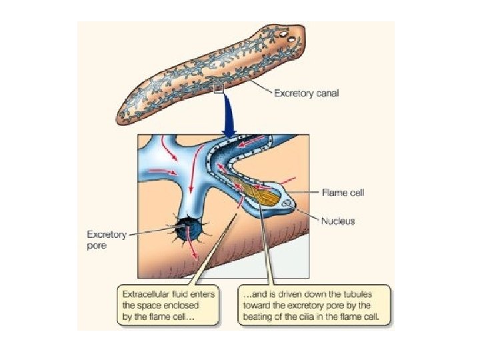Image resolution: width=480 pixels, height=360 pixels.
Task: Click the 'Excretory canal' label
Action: (x=306, y=93)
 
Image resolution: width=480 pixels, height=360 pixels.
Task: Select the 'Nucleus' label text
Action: (x=337, y=221)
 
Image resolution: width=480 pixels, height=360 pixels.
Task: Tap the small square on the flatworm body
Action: (x=218, y=87)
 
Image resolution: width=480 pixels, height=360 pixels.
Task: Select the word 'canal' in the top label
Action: (x=326, y=93)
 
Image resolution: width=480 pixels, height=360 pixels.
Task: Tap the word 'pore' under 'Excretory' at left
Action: (x=97, y=245)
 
